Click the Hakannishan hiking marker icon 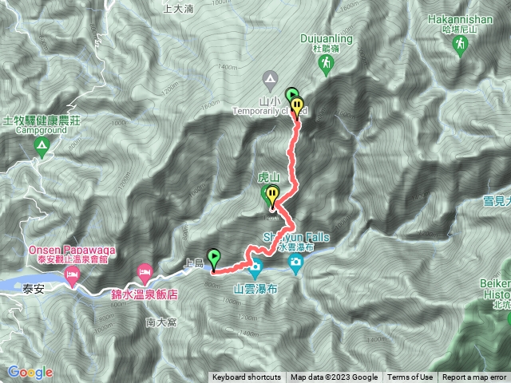(461, 49)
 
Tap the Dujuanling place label (328, 37)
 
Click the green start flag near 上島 (214, 258)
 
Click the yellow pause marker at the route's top (298, 105)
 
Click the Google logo (30, 372)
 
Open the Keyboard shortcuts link (247, 377)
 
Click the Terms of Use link (410, 377)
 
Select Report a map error (476, 377)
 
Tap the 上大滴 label (178, 9)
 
